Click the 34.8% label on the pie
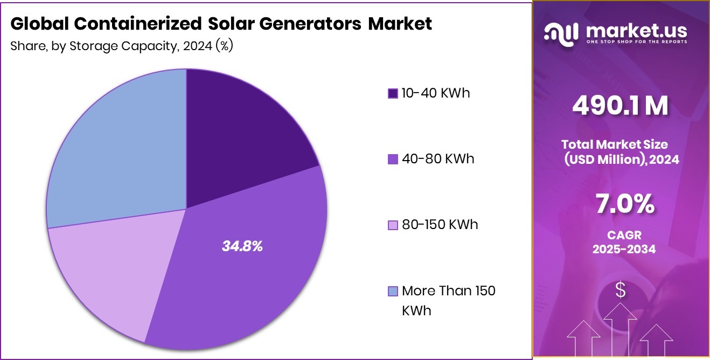click(242, 247)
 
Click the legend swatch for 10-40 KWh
click(393, 94)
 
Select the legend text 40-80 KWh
click(438, 159)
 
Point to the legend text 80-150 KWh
click(440, 224)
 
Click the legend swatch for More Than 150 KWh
click(393, 292)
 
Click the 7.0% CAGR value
click(624, 205)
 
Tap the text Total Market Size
click(614, 144)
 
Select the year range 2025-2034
click(624, 250)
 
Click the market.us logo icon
click(561, 33)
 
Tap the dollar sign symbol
click(621, 291)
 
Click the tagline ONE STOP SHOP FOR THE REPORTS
click(637, 41)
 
